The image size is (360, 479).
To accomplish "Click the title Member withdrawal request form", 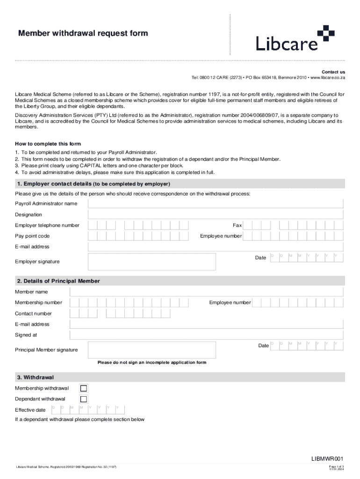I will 83,33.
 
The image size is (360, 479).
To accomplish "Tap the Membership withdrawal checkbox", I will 84,388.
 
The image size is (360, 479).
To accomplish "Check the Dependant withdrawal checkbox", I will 84,399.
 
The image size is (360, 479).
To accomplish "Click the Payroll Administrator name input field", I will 216,203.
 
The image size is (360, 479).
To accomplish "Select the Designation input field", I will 216,215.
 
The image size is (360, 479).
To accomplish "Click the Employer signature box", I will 152,261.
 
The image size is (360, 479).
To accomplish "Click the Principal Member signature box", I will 152,350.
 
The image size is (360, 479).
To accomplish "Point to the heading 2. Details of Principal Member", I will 58,281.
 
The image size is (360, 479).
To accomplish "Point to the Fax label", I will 237,225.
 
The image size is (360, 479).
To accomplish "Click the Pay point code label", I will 32,236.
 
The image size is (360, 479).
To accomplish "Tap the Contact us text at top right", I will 333,72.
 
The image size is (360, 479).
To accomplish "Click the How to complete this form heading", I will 50,144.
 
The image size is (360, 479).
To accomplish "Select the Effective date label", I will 30,410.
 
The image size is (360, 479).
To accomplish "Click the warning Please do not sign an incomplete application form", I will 151,363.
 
